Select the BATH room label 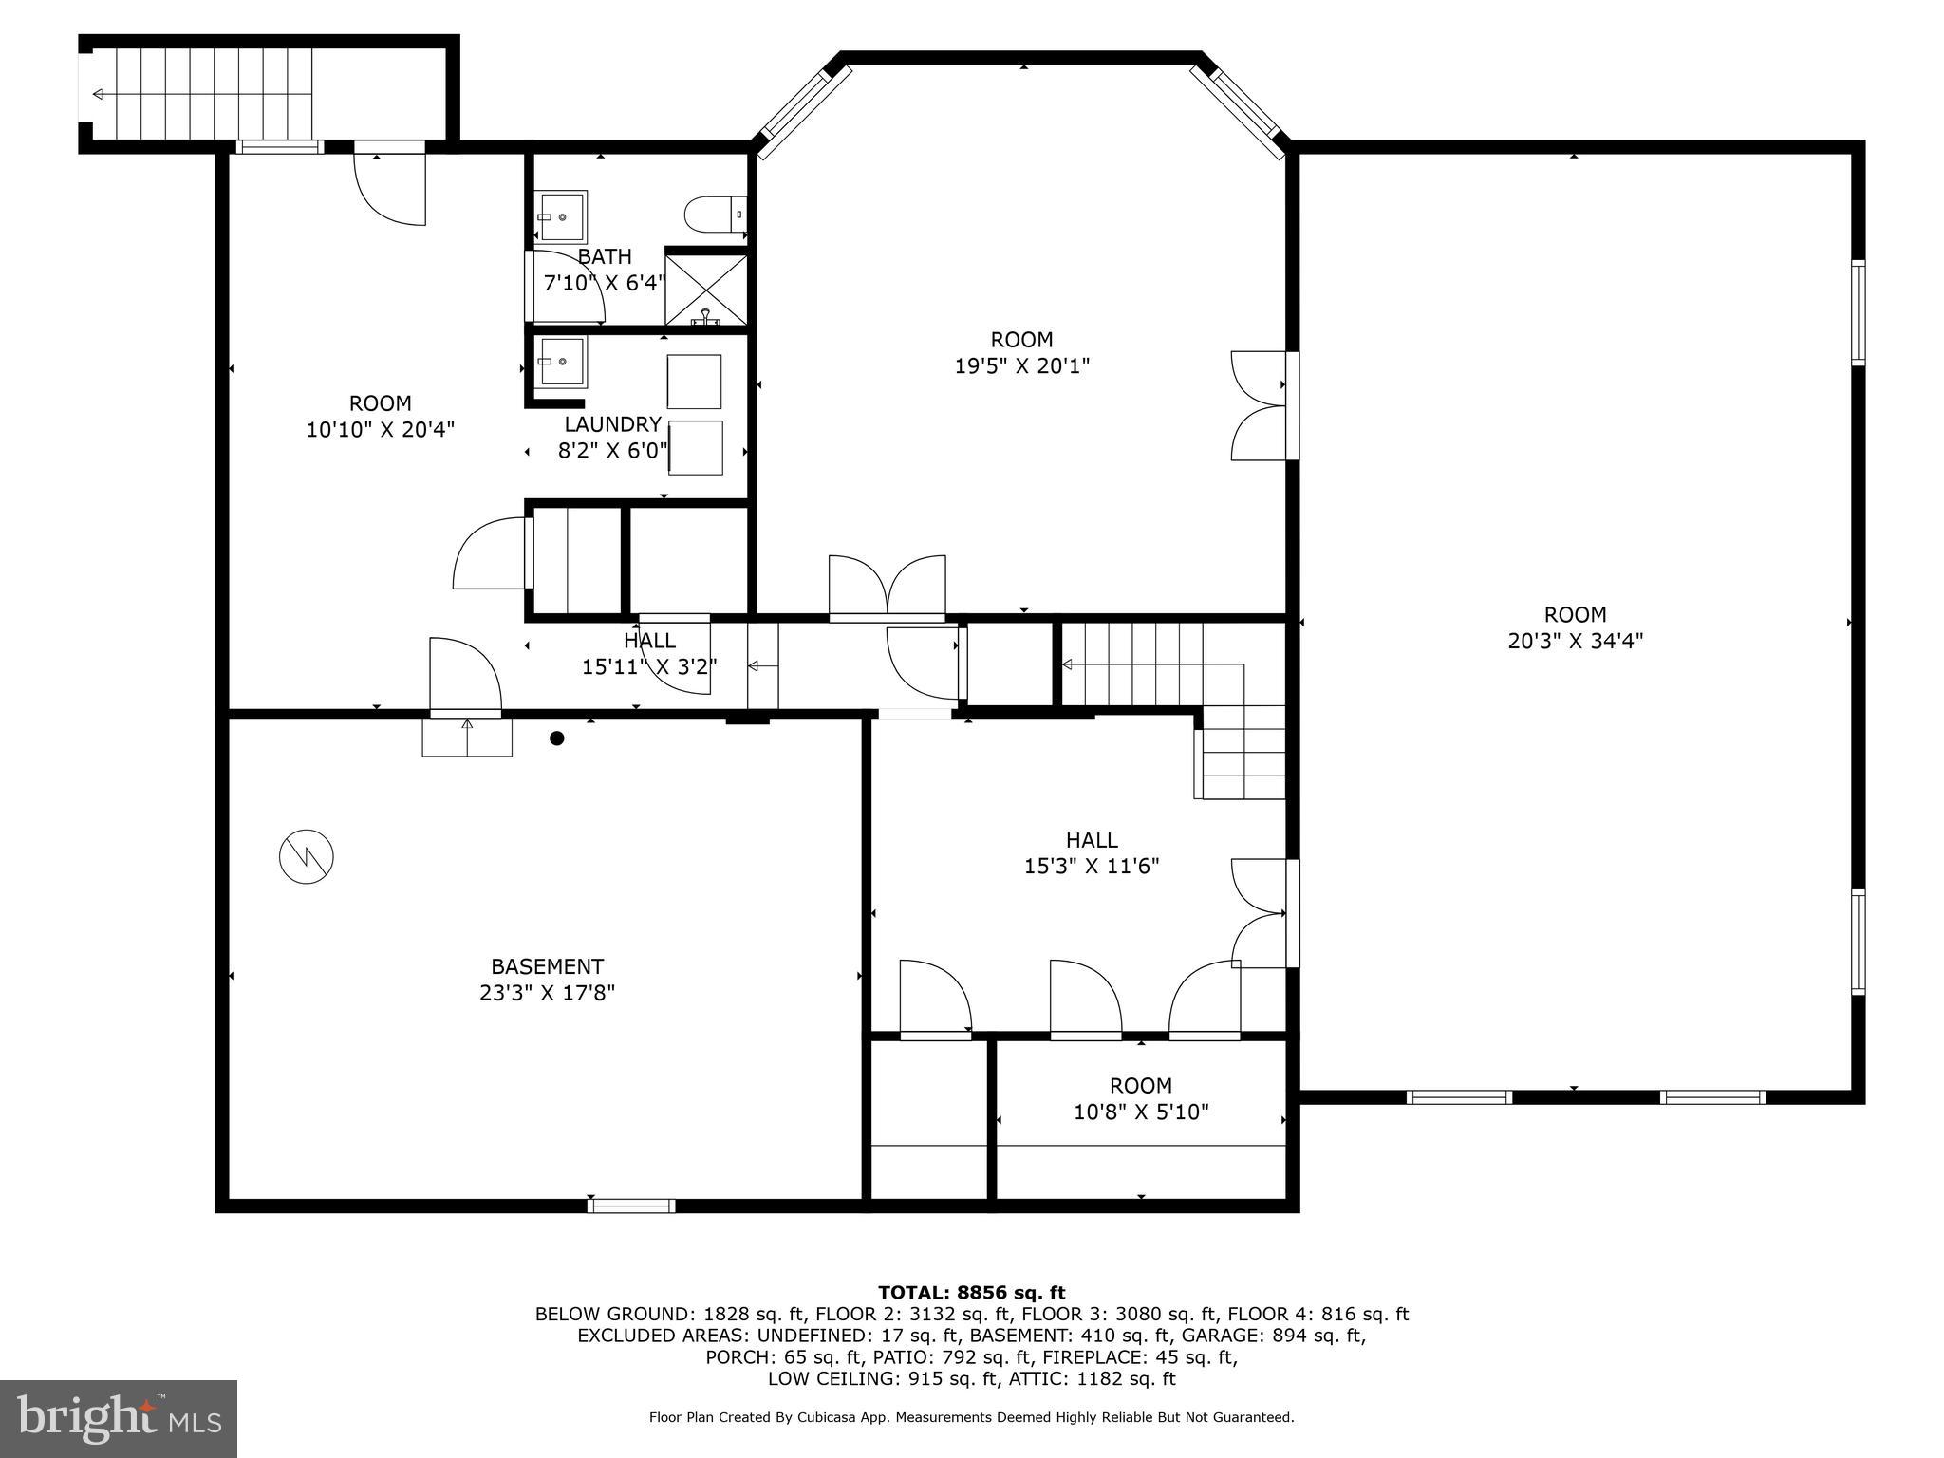[605, 257]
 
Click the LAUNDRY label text [612, 424]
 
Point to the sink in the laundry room [561, 361]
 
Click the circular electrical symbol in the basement [307, 857]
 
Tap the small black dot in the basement [557, 738]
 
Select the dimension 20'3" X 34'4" [1575, 641]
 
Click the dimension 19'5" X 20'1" [1021, 365]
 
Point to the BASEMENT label [547, 966]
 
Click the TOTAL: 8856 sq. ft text [971, 1292]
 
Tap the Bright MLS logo [118, 1418]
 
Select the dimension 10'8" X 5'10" [1140, 1112]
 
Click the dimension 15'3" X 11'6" [1092, 866]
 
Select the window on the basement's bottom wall [631, 1206]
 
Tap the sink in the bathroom [561, 216]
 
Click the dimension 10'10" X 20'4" [380, 429]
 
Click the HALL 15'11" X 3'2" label [649, 654]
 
